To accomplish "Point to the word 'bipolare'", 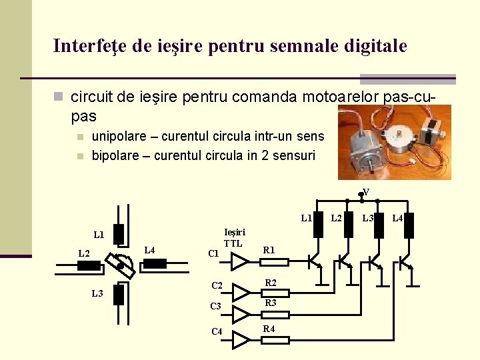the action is click(x=116, y=156).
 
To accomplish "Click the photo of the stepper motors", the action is click(x=394, y=142).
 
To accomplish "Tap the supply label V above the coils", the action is click(x=366, y=193).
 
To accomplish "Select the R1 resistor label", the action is click(x=269, y=251).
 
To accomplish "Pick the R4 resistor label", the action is click(x=269, y=329).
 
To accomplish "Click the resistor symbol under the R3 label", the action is click(x=275, y=314).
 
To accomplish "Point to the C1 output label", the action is click(x=213, y=253).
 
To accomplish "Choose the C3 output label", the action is click(x=215, y=307).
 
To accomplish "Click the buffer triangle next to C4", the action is click(x=240, y=340).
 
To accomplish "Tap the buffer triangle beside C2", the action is click(x=240, y=287).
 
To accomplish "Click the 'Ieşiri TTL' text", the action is click(x=234, y=238).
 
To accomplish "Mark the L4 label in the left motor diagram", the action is click(x=149, y=250).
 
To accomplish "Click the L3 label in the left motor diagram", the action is click(x=97, y=294).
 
